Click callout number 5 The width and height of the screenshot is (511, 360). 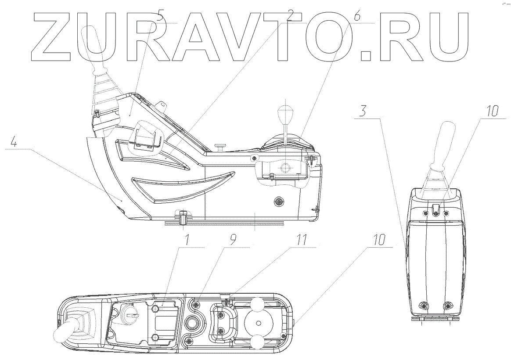click(x=160, y=18)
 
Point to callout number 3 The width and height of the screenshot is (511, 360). click(x=362, y=111)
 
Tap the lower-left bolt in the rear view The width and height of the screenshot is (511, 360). click(x=424, y=306)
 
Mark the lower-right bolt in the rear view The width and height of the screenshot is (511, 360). click(x=448, y=306)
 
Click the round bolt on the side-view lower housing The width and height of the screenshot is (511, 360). click(x=278, y=202)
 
